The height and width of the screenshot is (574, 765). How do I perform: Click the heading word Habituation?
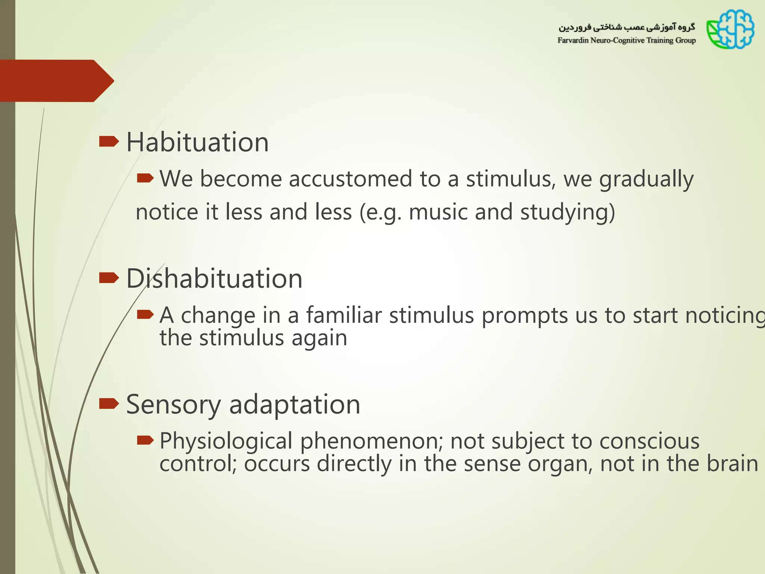[197, 142]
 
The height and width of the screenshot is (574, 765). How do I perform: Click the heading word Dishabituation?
[214, 279]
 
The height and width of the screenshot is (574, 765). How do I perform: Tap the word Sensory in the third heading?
[173, 405]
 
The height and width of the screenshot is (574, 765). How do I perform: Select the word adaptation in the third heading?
[294, 405]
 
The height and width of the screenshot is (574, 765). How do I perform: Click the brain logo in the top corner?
[730, 30]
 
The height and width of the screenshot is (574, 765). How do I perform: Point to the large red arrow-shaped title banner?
[56, 81]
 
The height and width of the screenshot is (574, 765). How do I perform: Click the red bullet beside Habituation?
[109, 142]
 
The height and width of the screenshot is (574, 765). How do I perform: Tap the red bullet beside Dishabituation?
[109, 278]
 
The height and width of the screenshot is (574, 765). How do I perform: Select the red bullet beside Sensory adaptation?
[109, 404]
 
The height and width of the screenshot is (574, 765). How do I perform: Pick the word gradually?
[646, 179]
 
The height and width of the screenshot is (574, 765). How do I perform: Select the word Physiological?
[226, 441]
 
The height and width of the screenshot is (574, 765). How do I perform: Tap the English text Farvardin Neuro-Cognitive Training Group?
[626, 40]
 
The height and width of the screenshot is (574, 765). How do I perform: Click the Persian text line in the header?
[626, 27]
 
